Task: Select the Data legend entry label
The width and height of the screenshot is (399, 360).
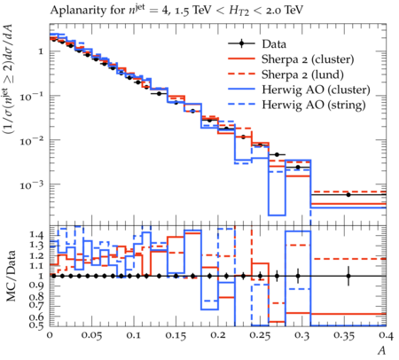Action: point(274,44)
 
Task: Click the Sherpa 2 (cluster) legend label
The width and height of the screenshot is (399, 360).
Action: point(308,59)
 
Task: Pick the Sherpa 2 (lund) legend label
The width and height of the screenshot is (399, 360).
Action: point(302,74)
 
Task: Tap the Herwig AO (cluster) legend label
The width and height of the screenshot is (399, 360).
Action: point(316,90)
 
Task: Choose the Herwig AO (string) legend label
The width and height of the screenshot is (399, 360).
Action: point(314,105)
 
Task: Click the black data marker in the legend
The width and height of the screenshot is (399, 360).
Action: point(241,43)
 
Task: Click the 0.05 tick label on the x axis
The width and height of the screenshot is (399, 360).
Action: point(91,336)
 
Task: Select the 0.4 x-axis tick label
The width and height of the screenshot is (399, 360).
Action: point(386,336)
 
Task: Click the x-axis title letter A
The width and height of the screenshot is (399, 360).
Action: point(382,350)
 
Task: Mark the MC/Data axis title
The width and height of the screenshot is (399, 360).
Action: point(11,276)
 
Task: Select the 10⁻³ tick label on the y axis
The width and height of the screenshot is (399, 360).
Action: point(31,185)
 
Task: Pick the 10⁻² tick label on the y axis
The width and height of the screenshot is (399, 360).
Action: point(31,141)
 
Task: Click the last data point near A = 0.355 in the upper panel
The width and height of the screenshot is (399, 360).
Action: point(348,195)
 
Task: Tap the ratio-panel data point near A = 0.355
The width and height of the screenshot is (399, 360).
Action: point(348,276)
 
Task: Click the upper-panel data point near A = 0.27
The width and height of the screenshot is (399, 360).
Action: point(277,154)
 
